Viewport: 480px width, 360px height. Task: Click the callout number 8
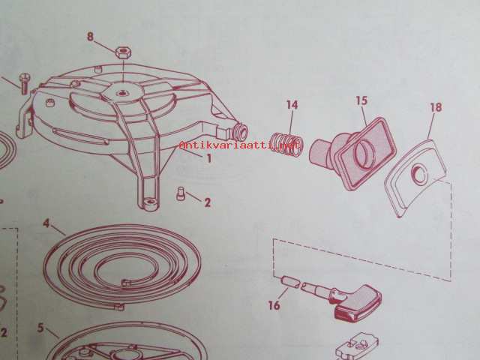tap(90, 37)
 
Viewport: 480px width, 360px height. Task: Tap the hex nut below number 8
tap(124, 52)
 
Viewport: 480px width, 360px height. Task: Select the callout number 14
tap(292, 105)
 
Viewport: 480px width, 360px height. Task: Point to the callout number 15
tap(361, 100)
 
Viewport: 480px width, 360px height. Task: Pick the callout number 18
tap(436, 107)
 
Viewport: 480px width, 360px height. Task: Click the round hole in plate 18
tap(419, 175)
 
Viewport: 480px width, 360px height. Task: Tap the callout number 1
tap(209, 158)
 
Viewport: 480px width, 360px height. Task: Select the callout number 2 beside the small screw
tap(208, 202)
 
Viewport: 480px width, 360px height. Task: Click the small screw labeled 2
tap(181, 194)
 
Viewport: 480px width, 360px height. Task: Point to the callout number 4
tap(46, 223)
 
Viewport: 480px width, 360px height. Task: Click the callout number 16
tap(274, 305)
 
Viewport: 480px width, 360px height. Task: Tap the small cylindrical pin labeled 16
tap(289, 282)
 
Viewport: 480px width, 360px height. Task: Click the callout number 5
tap(40, 328)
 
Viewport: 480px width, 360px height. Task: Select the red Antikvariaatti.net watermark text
tap(239, 145)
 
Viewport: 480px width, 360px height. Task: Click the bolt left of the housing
tap(24, 83)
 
